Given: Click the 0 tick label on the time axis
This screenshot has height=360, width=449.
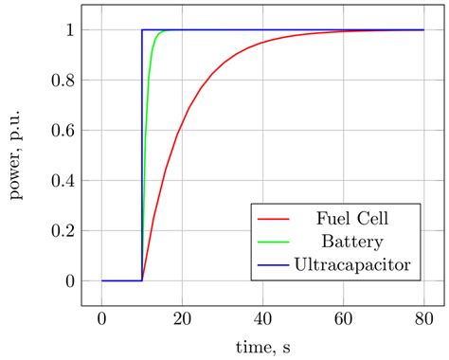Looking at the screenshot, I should (x=102, y=319).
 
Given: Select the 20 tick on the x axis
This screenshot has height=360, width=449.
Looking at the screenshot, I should (x=183, y=319).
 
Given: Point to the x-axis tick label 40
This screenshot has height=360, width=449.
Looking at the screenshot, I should (x=263, y=319).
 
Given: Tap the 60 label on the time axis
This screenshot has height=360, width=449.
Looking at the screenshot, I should (x=344, y=319).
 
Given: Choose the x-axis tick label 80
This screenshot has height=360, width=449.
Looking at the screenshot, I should (x=424, y=319).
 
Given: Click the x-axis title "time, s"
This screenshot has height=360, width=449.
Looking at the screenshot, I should (x=262, y=349).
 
